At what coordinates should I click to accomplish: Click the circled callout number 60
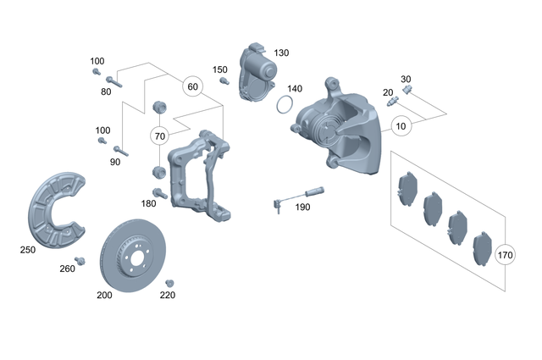pyautogui.click(x=192, y=86)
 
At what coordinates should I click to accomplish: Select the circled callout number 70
pyautogui.click(x=160, y=136)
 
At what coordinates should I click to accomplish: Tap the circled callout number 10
pyautogui.click(x=401, y=126)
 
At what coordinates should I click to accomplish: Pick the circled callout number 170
pyautogui.click(x=506, y=254)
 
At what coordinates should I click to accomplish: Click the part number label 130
pyautogui.click(x=281, y=53)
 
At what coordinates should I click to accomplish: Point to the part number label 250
pyautogui.click(x=29, y=250)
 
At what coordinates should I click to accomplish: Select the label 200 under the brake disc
pyautogui.click(x=104, y=296)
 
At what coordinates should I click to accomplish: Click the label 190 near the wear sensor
pyautogui.click(x=301, y=206)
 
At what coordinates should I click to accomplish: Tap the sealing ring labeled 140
pyautogui.click(x=285, y=106)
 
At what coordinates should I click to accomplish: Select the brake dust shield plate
pyautogui.click(x=55, y=208)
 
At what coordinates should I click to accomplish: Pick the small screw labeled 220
pyautogui.click(x=169, y=282)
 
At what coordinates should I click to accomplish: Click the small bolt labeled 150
pyautogui.click(x=224, y=81)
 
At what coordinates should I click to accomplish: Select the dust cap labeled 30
pyautogui.click(x=407, y=88)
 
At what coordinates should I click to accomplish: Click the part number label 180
pyautogui.click(x=149, y=203)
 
